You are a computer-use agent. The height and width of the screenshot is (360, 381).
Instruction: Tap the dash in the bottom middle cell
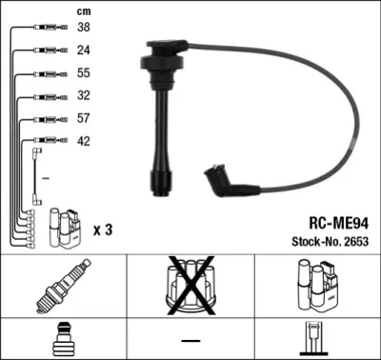click(x=190, y=340)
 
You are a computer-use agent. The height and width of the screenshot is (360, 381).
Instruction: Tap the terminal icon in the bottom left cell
click(x=63, y=339)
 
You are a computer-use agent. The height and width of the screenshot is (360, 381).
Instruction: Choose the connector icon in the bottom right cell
click(x=317, y=339)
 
